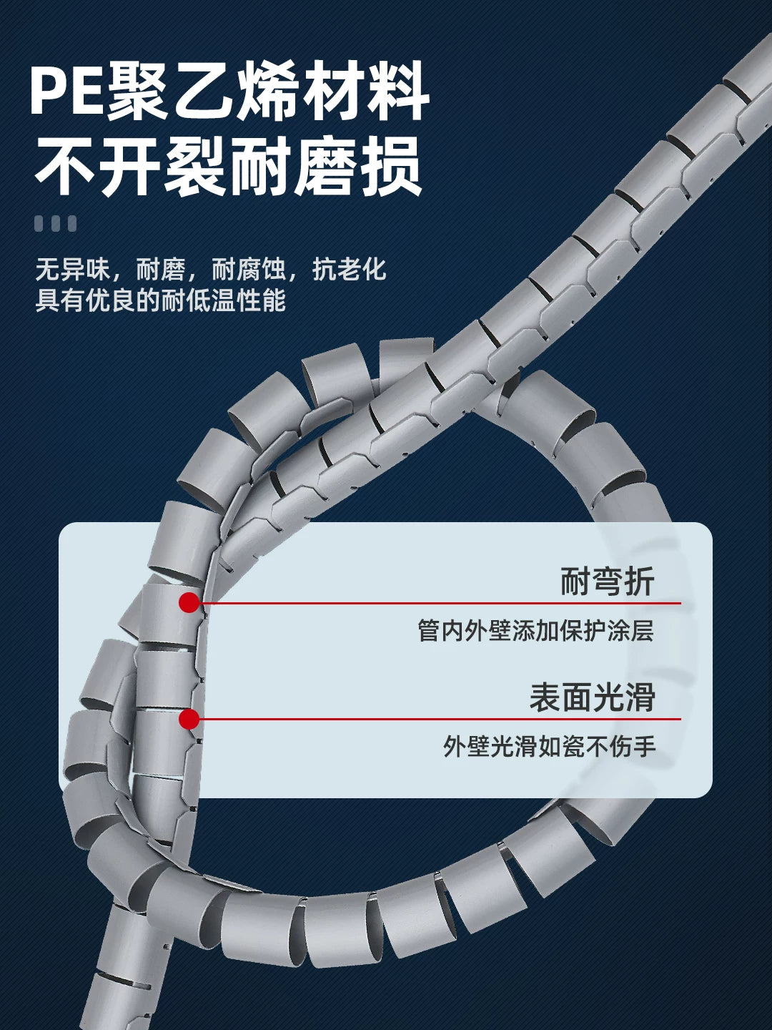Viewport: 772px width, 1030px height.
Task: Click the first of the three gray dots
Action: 39,223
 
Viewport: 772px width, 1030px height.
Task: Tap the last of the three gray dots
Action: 71,223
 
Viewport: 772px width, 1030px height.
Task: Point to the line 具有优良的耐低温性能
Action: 161,300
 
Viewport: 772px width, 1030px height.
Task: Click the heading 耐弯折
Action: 607,582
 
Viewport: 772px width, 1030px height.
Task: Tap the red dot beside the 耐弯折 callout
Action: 189,602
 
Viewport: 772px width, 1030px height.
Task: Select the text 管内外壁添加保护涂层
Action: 535,631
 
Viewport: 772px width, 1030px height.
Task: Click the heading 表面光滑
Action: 592,697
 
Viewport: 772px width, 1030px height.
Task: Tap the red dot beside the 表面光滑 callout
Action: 189,719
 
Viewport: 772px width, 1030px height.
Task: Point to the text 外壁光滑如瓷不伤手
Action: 549,747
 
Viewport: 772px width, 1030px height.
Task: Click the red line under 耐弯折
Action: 440,603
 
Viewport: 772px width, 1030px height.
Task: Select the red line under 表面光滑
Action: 440,719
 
